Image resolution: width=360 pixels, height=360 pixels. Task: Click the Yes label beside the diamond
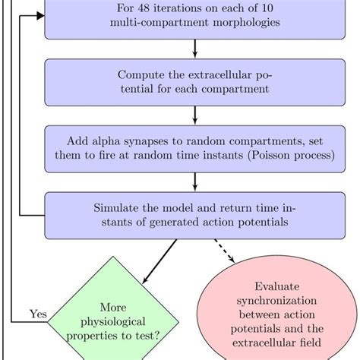click(38, 313)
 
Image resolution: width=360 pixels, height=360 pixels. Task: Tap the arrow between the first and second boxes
click(195, 48)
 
